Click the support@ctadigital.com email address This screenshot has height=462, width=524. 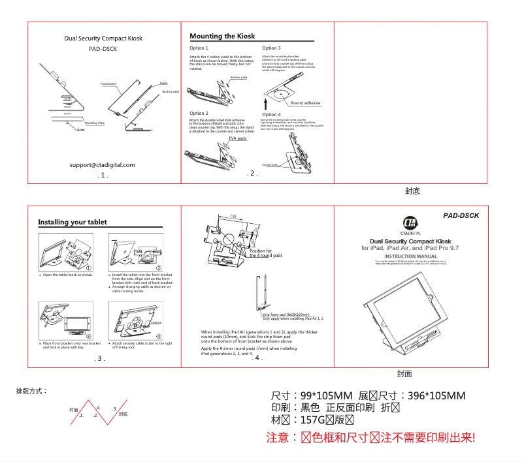click(x=103, y=165)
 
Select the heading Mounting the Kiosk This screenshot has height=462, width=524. click(x=222, y=36)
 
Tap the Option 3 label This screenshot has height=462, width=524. click(x=271, y=48)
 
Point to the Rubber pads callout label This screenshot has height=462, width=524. click(x=238, y=77)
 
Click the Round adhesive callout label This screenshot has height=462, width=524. click(x=306, y=103)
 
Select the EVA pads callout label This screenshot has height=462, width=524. click(x=237, y=138)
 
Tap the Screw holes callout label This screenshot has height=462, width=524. click(x=270, y=165)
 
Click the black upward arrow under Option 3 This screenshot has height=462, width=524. click(x=266, y=103)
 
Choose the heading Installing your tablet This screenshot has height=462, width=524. click(x=73, y=223)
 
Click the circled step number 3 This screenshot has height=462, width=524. click(x=88, y=336)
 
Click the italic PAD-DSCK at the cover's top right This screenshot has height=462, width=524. click(x=461, y=215)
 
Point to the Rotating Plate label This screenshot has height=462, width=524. click(x=95, y=123)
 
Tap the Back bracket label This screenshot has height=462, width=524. click(x=170, y=92)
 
